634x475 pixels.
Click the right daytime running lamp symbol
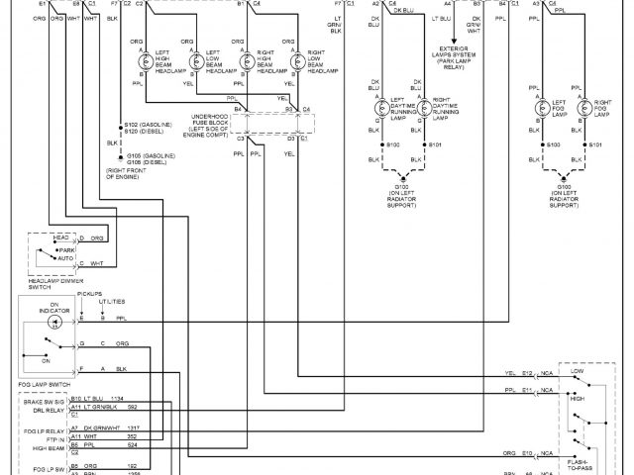[x=425, y=106]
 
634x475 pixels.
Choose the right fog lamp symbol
[x=586, y=106]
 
